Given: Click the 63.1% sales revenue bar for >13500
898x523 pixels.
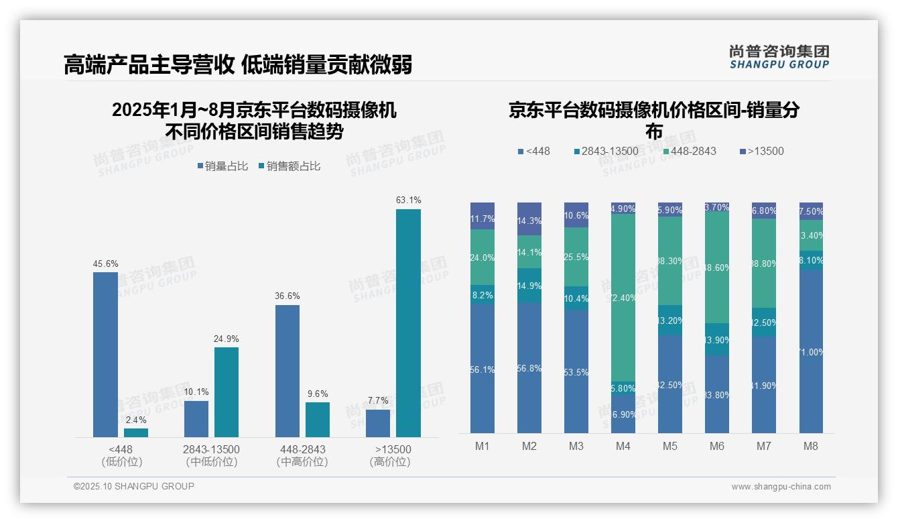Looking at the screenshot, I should [x=408, y=323].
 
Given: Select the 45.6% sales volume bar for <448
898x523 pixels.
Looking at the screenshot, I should [x=105, y=354].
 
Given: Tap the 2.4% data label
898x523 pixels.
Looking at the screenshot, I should [x=136, y=420].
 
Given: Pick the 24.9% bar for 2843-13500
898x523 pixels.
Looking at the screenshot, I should [x=227, y=392].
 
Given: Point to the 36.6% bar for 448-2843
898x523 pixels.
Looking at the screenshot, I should [x=287, y=371].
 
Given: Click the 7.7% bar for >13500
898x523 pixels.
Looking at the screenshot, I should [x=378, y=423].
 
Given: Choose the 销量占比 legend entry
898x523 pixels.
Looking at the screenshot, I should [x=222, y=166].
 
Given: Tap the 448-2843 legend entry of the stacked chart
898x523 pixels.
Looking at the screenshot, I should [x=688, y=151].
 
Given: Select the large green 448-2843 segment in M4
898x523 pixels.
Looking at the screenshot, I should [x=623, y=298].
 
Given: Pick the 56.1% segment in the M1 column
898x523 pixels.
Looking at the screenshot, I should [x=483, y=369].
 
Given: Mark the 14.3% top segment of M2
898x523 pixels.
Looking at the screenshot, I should [x=529, y=219].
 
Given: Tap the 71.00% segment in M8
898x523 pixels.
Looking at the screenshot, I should [x=811, y=351].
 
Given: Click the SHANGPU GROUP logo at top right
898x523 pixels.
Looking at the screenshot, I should [x=779, y=57].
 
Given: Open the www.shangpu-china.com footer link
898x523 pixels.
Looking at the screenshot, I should [x=781, y=487].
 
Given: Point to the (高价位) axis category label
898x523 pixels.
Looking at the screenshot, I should [x=390, y=462].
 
